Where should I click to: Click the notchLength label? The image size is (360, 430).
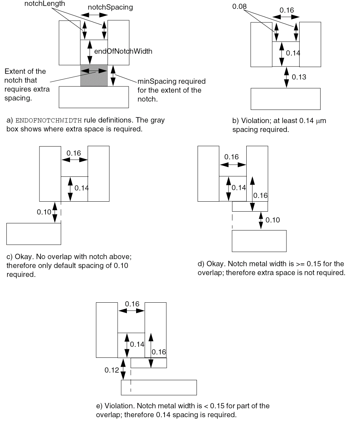(44, 4)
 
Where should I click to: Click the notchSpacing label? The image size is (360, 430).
(110, 7)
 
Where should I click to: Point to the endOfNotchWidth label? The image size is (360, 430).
(123, 51)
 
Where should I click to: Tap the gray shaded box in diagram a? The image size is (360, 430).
(94, 79)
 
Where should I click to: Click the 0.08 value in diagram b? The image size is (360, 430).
(239, 6)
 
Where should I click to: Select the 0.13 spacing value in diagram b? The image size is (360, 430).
(299, 77)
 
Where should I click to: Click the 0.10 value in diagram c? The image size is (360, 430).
(44, 212)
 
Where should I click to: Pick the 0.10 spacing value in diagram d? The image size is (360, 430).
(273, 220)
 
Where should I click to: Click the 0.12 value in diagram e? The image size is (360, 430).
(112, 370)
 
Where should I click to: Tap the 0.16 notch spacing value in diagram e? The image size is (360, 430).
(132, 304)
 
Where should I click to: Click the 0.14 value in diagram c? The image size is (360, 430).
(81, 188)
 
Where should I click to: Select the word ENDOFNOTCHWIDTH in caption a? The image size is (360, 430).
(49, 120)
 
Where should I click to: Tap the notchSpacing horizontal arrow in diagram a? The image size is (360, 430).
(94, 15)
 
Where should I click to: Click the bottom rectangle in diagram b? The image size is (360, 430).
(285, 99)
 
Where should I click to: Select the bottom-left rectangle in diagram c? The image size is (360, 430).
(34, 234)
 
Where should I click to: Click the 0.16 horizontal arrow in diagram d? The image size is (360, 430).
(233, 165)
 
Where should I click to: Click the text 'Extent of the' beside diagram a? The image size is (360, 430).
(25, 71)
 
